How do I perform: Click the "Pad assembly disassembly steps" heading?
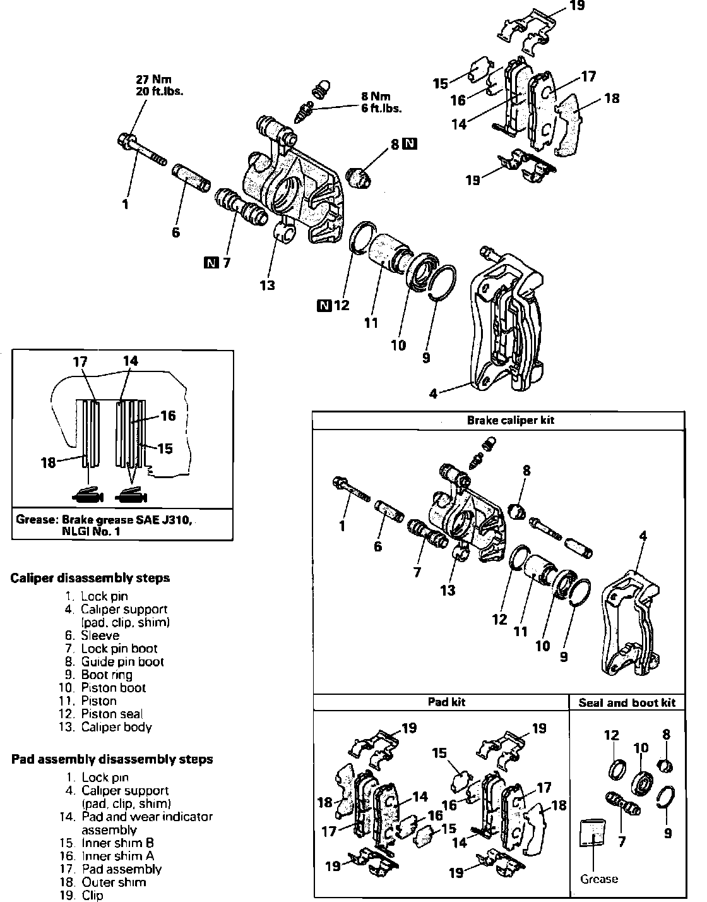(x=112, y=759)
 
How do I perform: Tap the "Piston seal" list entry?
(x=112, y=714)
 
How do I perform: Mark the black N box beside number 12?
(x=325, y=306)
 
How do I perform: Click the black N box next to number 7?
(x=211, y=262)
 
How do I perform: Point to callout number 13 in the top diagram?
(x=268, y=285)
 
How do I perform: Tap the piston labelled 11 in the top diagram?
(x=388, y=254)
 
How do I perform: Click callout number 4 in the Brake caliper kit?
(x=643, y=536)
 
